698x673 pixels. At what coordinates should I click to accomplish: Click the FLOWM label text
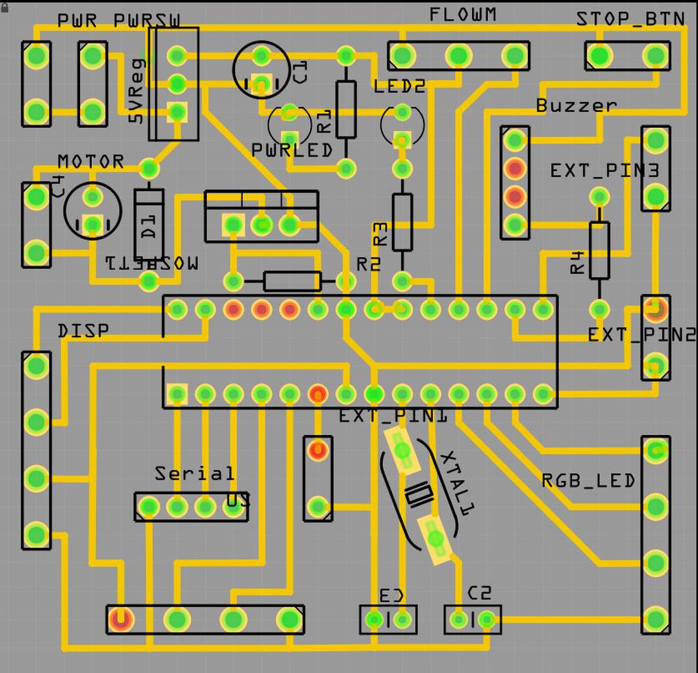coord(463,14)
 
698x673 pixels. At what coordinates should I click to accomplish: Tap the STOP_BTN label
coord(630,19)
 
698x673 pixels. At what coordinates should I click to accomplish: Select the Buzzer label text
coord(576,105)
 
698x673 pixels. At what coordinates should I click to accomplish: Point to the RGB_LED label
coord(588,480)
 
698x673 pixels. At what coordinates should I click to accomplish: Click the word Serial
coord(194,473)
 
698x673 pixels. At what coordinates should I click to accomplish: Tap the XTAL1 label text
coord(458,482)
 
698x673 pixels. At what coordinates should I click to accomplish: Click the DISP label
coord(83,331)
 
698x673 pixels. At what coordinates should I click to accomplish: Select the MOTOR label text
coord(91,162)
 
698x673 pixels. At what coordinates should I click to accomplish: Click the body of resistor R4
coord(599,250)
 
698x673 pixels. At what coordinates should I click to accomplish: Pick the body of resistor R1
coord(346,109)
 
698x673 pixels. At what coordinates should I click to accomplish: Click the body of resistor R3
coord(402,221)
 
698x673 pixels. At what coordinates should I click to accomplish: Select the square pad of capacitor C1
coord(261,83)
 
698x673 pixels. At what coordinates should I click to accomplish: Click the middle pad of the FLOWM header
coord(458,56)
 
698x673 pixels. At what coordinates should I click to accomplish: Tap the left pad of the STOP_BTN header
coord(600,56)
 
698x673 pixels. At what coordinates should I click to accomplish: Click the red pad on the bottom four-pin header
coord(121,619)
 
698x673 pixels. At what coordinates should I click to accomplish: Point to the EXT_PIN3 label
coord(604,171)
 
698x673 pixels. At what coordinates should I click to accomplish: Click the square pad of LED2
coord(402,139)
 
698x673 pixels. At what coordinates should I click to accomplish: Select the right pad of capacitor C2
coord(487,619)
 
